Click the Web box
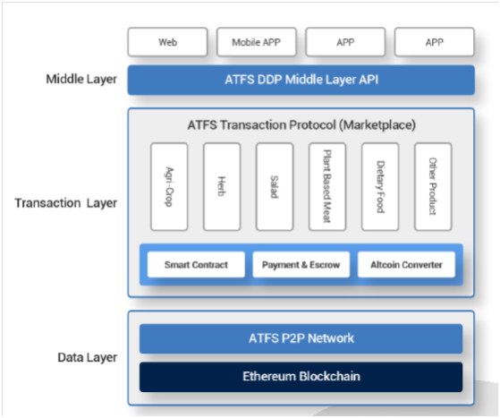pos(168,42)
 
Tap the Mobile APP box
pos(257,42)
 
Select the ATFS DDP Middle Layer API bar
pos(301,80)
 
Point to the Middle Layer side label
pos(81,79)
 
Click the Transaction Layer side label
pos(65,203)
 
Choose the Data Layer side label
pos(87,357)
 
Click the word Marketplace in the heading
pos(377,124)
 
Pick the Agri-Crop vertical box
pos(169,187)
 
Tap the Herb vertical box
pos(222,187)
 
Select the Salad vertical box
pos(275,187)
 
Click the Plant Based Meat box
pos(327,187)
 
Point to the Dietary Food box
pos(380,187)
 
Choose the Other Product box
pos(433,187)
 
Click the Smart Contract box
pos(196,265)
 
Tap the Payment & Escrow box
pos(301,265)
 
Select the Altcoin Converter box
pos(406,265)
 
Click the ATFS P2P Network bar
pos(301,338)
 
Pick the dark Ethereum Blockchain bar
pos(301,377)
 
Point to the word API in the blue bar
pos(369,80)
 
